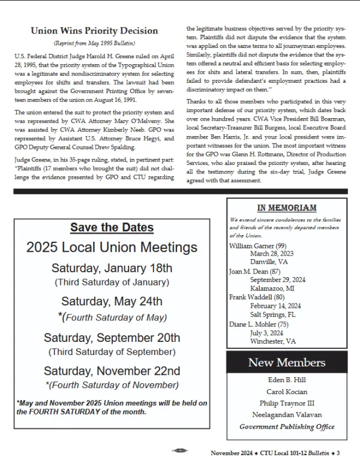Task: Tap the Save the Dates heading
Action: point(112,228)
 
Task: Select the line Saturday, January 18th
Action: point(112,268)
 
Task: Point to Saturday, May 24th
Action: point(112,301)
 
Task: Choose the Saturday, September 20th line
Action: point(112,338)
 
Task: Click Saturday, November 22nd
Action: point(112,371)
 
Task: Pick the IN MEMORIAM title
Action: point(286,208)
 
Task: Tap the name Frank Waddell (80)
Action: point(256,297)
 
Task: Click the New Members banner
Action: point(287,362)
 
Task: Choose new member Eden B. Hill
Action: point(287,380)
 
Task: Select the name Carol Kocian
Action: point(287,392)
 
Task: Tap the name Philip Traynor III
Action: point(287,403)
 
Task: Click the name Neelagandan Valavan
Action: point(287,415)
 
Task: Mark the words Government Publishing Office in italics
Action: point(287,427)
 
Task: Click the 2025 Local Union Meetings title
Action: point(112,248)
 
